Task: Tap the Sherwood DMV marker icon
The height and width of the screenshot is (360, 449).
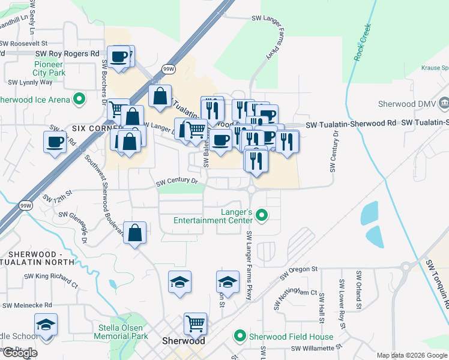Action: tap(444, 103)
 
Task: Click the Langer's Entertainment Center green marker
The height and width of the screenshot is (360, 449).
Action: tap(261, 214)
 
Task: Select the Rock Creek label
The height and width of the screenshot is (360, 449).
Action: tap(363, 43)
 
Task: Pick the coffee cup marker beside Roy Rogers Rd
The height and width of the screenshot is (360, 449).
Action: tap(119, 57)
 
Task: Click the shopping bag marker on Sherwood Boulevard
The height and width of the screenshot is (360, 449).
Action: tap(136, 233)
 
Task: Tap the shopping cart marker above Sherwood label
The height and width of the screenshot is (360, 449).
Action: tap(195, 323)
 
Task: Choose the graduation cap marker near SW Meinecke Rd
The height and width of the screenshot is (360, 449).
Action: tap(46, 325)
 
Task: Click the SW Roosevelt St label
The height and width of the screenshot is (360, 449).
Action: tap(23, 43)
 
